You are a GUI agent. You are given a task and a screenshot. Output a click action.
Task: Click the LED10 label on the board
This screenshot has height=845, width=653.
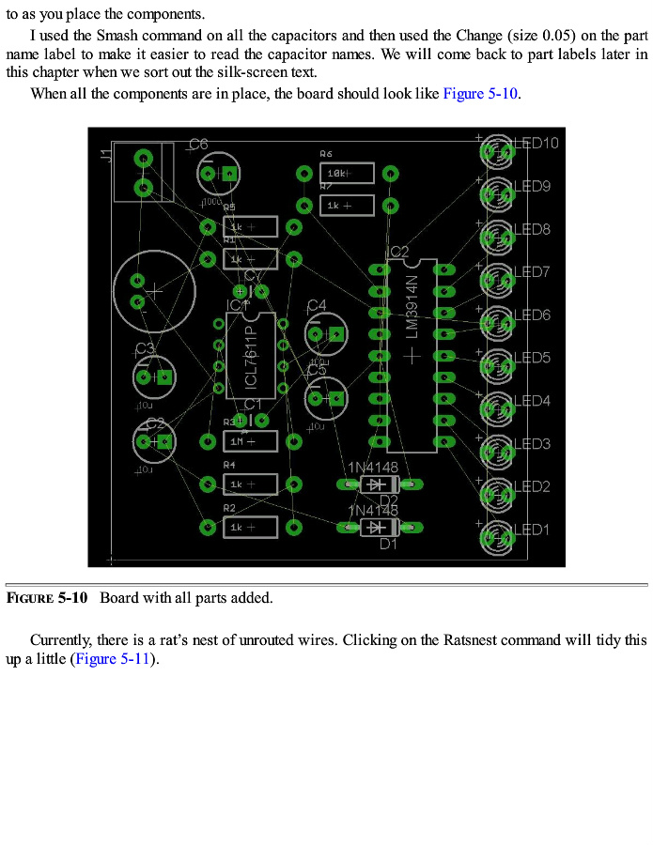536,144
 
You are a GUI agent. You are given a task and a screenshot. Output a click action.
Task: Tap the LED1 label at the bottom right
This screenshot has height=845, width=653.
532,530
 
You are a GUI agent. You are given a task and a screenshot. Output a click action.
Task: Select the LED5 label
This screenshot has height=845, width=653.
532,359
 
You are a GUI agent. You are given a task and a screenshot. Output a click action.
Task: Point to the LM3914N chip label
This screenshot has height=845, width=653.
412,306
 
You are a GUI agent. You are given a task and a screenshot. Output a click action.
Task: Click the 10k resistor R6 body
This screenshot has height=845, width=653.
347,174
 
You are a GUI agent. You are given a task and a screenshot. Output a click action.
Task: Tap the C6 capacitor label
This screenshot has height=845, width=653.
198,144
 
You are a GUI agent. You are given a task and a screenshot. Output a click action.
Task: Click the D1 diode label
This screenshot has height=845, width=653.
388,544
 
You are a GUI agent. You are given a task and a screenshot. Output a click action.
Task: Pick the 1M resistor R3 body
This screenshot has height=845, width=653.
250,441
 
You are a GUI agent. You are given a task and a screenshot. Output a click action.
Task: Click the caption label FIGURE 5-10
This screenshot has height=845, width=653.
47,598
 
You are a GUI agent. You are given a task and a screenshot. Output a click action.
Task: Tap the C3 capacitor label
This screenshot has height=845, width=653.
145,349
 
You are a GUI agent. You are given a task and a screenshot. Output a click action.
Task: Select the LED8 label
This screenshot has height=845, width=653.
532,230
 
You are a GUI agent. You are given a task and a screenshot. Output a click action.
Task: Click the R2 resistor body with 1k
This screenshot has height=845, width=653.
250,528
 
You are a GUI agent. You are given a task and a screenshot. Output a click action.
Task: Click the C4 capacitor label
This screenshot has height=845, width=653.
317,305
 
